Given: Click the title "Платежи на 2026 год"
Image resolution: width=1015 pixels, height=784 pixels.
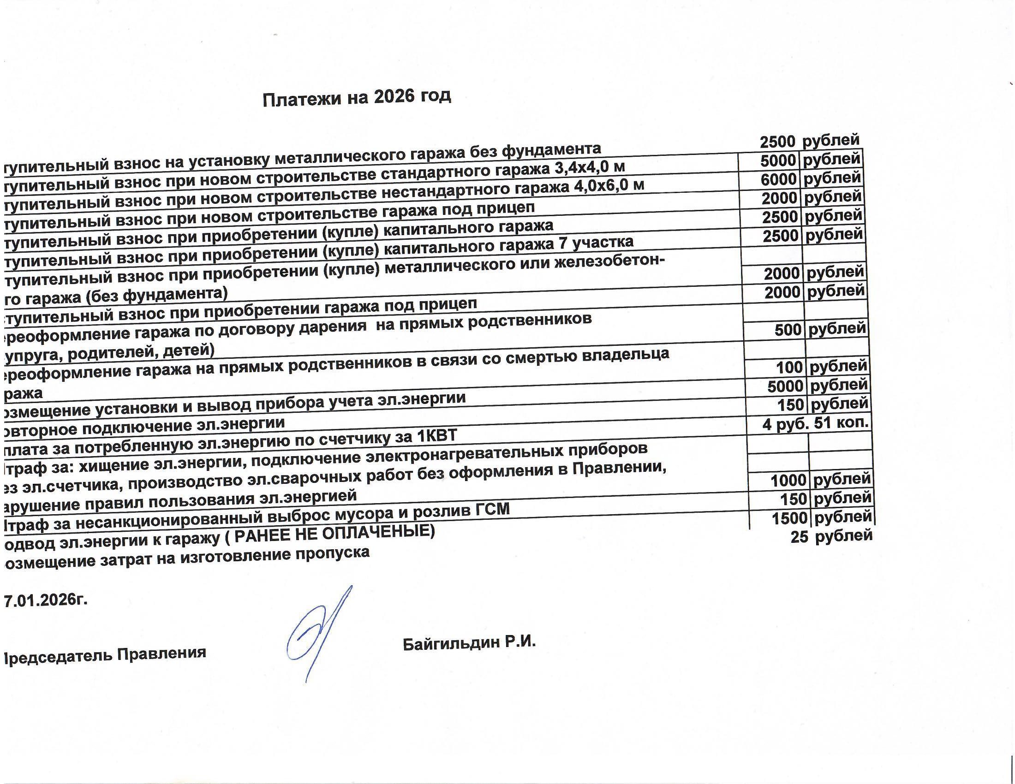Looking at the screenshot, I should tap(357, 98).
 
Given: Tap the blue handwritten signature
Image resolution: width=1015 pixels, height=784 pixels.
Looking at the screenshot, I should tap(319, 632).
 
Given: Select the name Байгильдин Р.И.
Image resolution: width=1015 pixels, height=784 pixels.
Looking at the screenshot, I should tap(469, 643).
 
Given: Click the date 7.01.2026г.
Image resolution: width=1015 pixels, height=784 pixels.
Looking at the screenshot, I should tap(46, 600).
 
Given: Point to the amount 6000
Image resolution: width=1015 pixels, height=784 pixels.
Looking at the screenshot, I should tap(778, 180).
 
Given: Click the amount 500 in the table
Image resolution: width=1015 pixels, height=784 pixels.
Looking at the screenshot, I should tap(788, 330).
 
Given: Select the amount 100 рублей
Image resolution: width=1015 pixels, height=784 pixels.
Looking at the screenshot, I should tap(821, 368).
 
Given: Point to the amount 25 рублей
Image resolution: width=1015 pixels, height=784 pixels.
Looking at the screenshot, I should tap(831, 536).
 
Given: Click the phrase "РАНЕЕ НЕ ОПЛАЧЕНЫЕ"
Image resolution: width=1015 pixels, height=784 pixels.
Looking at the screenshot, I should tap(334, 534).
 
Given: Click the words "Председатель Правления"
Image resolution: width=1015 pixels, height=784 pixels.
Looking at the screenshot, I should tap(105, 654).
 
